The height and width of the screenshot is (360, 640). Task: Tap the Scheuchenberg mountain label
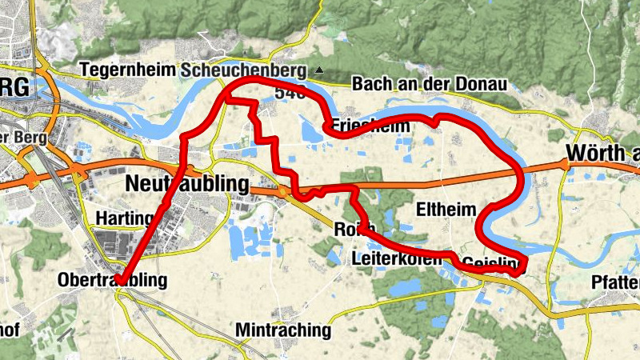click(x=243, y=70)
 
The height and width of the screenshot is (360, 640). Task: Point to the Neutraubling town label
click(x=187, y=184)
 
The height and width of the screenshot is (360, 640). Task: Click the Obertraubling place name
click(x=113, y=280)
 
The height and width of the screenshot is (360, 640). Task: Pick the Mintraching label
click(x=283, y=330)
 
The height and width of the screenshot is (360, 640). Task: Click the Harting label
click(x=123, y=218)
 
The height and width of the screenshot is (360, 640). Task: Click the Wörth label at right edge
click(x=602, y=152)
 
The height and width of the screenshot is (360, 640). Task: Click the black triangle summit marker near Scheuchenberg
click(x=319, y=70)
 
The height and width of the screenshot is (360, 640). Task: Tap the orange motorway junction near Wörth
click(x=565, y=165)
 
